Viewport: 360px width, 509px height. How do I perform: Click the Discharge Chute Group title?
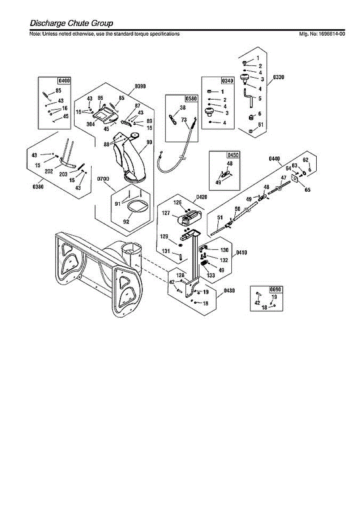[71, 23]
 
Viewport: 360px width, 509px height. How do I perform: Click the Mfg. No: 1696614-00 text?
[322, 34]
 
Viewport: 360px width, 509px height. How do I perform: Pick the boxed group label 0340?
[228, 81]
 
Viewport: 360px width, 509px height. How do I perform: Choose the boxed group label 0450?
[233, 155]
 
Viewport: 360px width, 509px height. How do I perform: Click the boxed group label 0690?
[276, 290]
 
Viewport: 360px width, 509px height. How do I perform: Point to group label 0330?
[278, 77]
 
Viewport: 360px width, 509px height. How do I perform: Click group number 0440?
[275, 159]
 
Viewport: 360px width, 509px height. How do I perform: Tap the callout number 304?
[90, 124]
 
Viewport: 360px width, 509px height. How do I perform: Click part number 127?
[166, 213]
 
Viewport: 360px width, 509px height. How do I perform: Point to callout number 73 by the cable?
[184, 120]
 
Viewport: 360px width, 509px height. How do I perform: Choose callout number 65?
[307, 190]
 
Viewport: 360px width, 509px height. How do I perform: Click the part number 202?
[49, 172]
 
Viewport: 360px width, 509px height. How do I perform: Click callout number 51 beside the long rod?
[219, 218]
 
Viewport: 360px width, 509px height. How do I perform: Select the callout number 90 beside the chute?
[149, 143]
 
